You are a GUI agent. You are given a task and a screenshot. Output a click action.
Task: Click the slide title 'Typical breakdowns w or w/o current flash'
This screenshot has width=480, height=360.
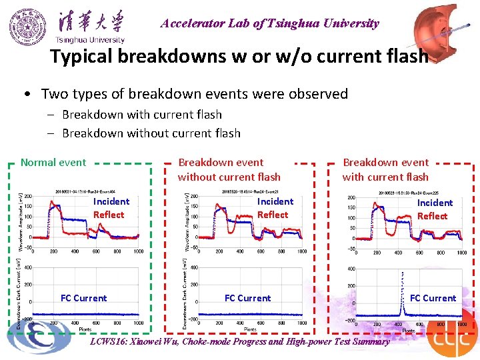pos(239,57)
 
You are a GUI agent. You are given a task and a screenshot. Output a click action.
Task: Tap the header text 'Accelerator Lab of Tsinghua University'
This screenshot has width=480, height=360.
pos(269,23)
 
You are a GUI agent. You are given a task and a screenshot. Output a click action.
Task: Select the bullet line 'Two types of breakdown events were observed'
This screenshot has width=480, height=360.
pos(194,93)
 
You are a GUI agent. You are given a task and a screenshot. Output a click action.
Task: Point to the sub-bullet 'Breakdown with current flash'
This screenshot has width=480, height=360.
pos(141,115)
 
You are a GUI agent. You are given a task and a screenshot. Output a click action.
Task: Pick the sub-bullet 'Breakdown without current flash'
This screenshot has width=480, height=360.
pos(151,133)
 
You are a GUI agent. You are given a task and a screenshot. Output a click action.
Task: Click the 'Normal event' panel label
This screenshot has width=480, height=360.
pos(53,162)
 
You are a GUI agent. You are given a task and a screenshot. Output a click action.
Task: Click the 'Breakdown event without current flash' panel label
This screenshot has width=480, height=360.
pos(229,169)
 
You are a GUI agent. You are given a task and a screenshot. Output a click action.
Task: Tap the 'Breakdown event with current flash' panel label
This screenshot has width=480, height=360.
pos(385,169)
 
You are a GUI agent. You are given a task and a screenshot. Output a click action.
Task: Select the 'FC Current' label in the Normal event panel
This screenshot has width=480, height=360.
pos(83,298)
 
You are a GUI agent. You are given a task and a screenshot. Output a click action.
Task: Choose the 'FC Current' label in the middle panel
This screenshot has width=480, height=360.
pos(247,298)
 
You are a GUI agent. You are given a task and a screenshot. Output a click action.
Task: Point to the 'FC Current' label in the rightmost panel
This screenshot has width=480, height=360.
pos(433,298)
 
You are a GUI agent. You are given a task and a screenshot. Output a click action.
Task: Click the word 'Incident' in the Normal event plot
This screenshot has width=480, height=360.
pos(111,201)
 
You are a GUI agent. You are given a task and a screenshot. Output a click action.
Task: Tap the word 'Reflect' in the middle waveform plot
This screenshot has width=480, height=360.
pos(273,215)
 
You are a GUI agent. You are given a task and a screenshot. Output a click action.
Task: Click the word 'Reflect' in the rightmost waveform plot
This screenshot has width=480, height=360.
pos(432,216)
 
